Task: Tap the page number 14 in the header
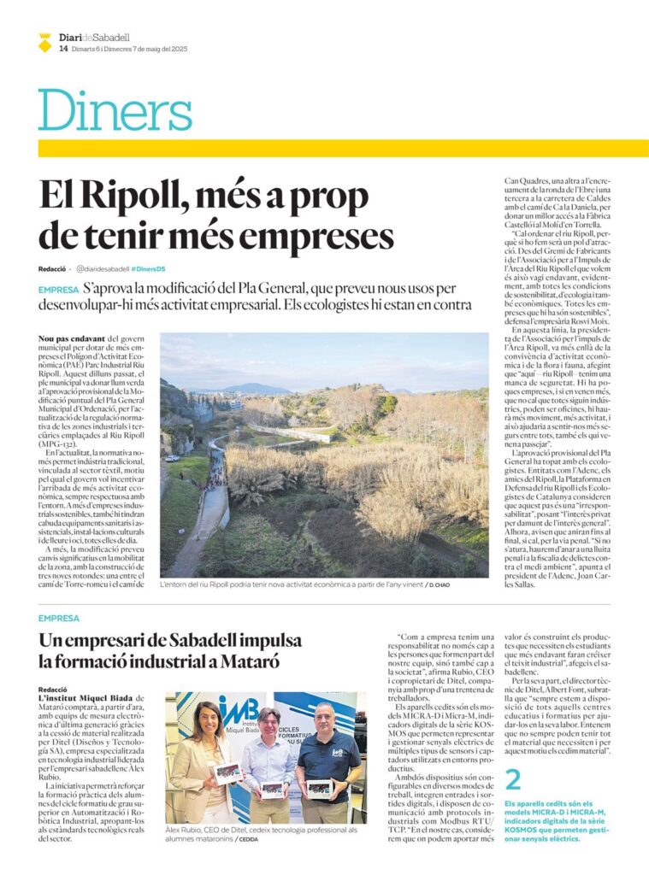click(63, 49)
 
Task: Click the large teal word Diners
click(115, 110)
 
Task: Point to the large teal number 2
click(512, 778)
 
